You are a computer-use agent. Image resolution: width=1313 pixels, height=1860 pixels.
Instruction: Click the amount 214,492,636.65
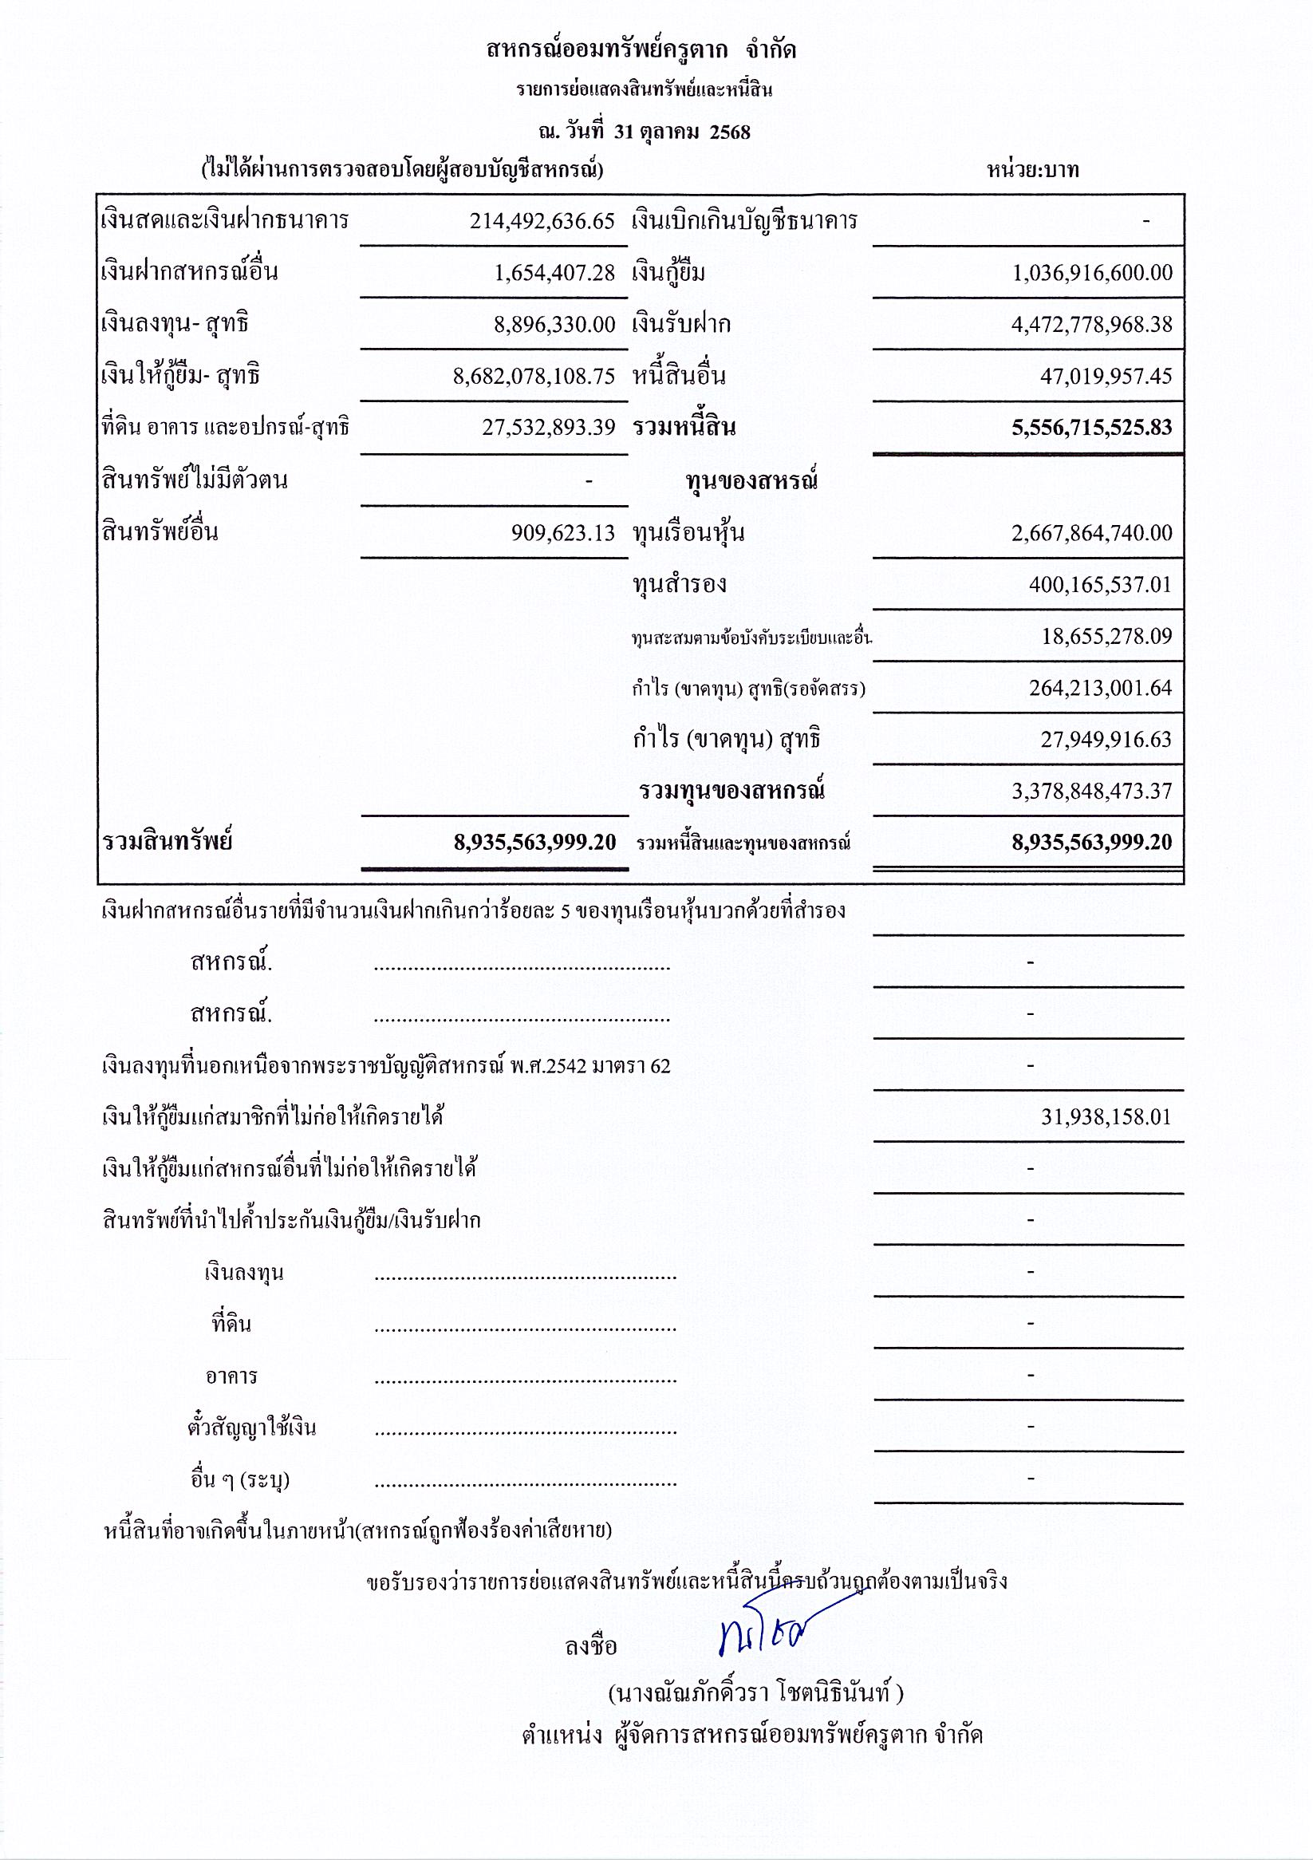542,221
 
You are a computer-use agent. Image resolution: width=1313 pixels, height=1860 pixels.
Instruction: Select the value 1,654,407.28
555,272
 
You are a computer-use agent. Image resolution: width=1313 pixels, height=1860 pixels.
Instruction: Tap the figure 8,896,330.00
555,324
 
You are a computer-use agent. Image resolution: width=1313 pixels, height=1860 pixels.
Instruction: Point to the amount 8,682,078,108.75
534,376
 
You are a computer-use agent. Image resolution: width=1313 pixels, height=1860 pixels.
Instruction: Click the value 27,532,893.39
548,427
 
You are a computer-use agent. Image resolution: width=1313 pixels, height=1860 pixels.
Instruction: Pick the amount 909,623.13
563,532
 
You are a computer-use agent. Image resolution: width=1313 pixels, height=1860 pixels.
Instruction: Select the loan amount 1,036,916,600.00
1092,272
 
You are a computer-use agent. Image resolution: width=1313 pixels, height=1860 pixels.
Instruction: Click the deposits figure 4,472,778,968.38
1091,324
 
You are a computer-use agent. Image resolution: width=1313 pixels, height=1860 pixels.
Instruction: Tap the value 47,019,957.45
1106,376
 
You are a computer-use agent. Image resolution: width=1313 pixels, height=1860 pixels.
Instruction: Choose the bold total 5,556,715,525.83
1091,427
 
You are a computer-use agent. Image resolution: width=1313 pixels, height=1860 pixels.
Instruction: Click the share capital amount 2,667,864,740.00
1091,532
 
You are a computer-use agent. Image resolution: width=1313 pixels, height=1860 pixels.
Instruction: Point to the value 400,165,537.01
1100,584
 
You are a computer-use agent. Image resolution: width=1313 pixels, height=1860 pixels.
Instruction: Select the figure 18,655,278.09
1106,636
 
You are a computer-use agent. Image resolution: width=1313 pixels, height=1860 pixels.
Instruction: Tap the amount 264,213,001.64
1100,688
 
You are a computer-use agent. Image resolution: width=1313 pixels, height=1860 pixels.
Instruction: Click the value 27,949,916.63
1106,739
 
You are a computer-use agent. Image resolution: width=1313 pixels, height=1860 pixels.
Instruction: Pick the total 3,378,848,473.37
1091,791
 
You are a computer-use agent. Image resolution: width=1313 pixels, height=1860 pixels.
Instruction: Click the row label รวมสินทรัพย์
168,842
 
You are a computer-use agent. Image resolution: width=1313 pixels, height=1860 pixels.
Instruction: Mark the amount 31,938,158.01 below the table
1106,1117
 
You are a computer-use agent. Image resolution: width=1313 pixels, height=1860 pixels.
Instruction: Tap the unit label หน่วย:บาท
1033,170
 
